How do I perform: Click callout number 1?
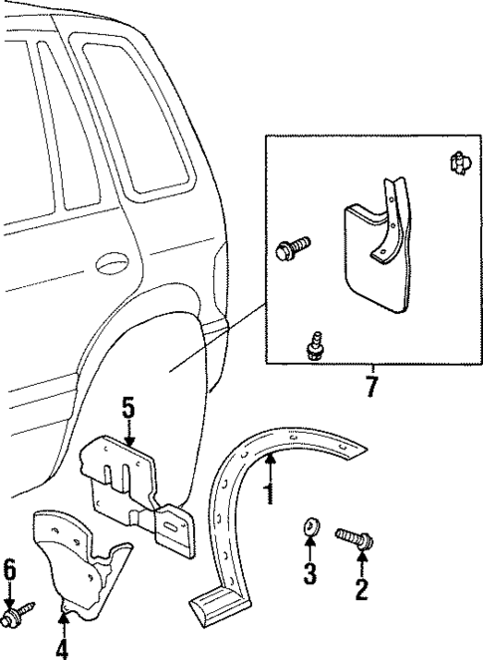point(266,493)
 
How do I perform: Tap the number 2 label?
point(361,590)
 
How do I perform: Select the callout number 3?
point(310,574)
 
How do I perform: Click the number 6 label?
point(10,570)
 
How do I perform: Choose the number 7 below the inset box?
point(371,387)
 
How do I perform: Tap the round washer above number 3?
point(310,527)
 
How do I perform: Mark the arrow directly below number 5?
point(128,431)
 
